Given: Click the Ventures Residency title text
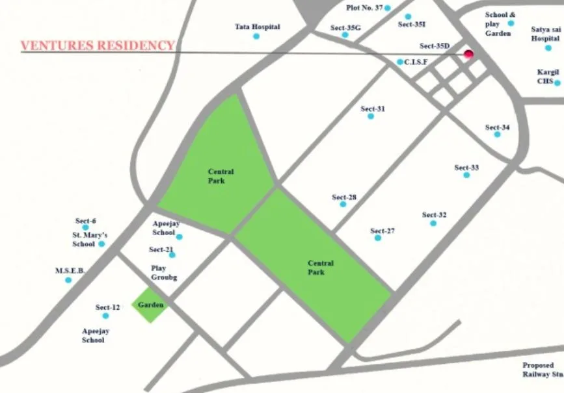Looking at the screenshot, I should (x=98, y=45).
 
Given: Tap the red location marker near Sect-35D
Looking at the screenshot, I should (x=467, y=55).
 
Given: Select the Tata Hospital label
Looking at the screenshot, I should (x=257, y=27).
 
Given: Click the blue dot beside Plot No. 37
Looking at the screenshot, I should (x=387, y=8).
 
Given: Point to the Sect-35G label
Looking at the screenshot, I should (x=344, y=27).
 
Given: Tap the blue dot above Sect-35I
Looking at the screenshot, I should (x=408, y=16).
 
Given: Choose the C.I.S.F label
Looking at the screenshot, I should (x=416, y=62).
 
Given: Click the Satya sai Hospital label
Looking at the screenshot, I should (x=544, y=34).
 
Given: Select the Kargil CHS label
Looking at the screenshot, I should (x=545, y=77).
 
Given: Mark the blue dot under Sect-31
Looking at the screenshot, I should (x=371, y=116).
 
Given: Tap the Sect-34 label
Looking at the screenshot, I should (x=497, y=127).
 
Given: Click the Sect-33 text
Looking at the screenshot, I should (x=466, y=168).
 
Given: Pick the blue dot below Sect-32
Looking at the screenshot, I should (x=433, y=223).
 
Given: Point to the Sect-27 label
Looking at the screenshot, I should (x=383, y=231).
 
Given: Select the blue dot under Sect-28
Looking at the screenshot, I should (x=343, y=205).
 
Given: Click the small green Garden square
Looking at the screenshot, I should (x=149, y=305).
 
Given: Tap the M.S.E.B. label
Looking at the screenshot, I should (x=70, y=270).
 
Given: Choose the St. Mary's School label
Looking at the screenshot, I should (x=90, y=239).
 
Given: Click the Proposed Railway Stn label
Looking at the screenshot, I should (x=541, y=370).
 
